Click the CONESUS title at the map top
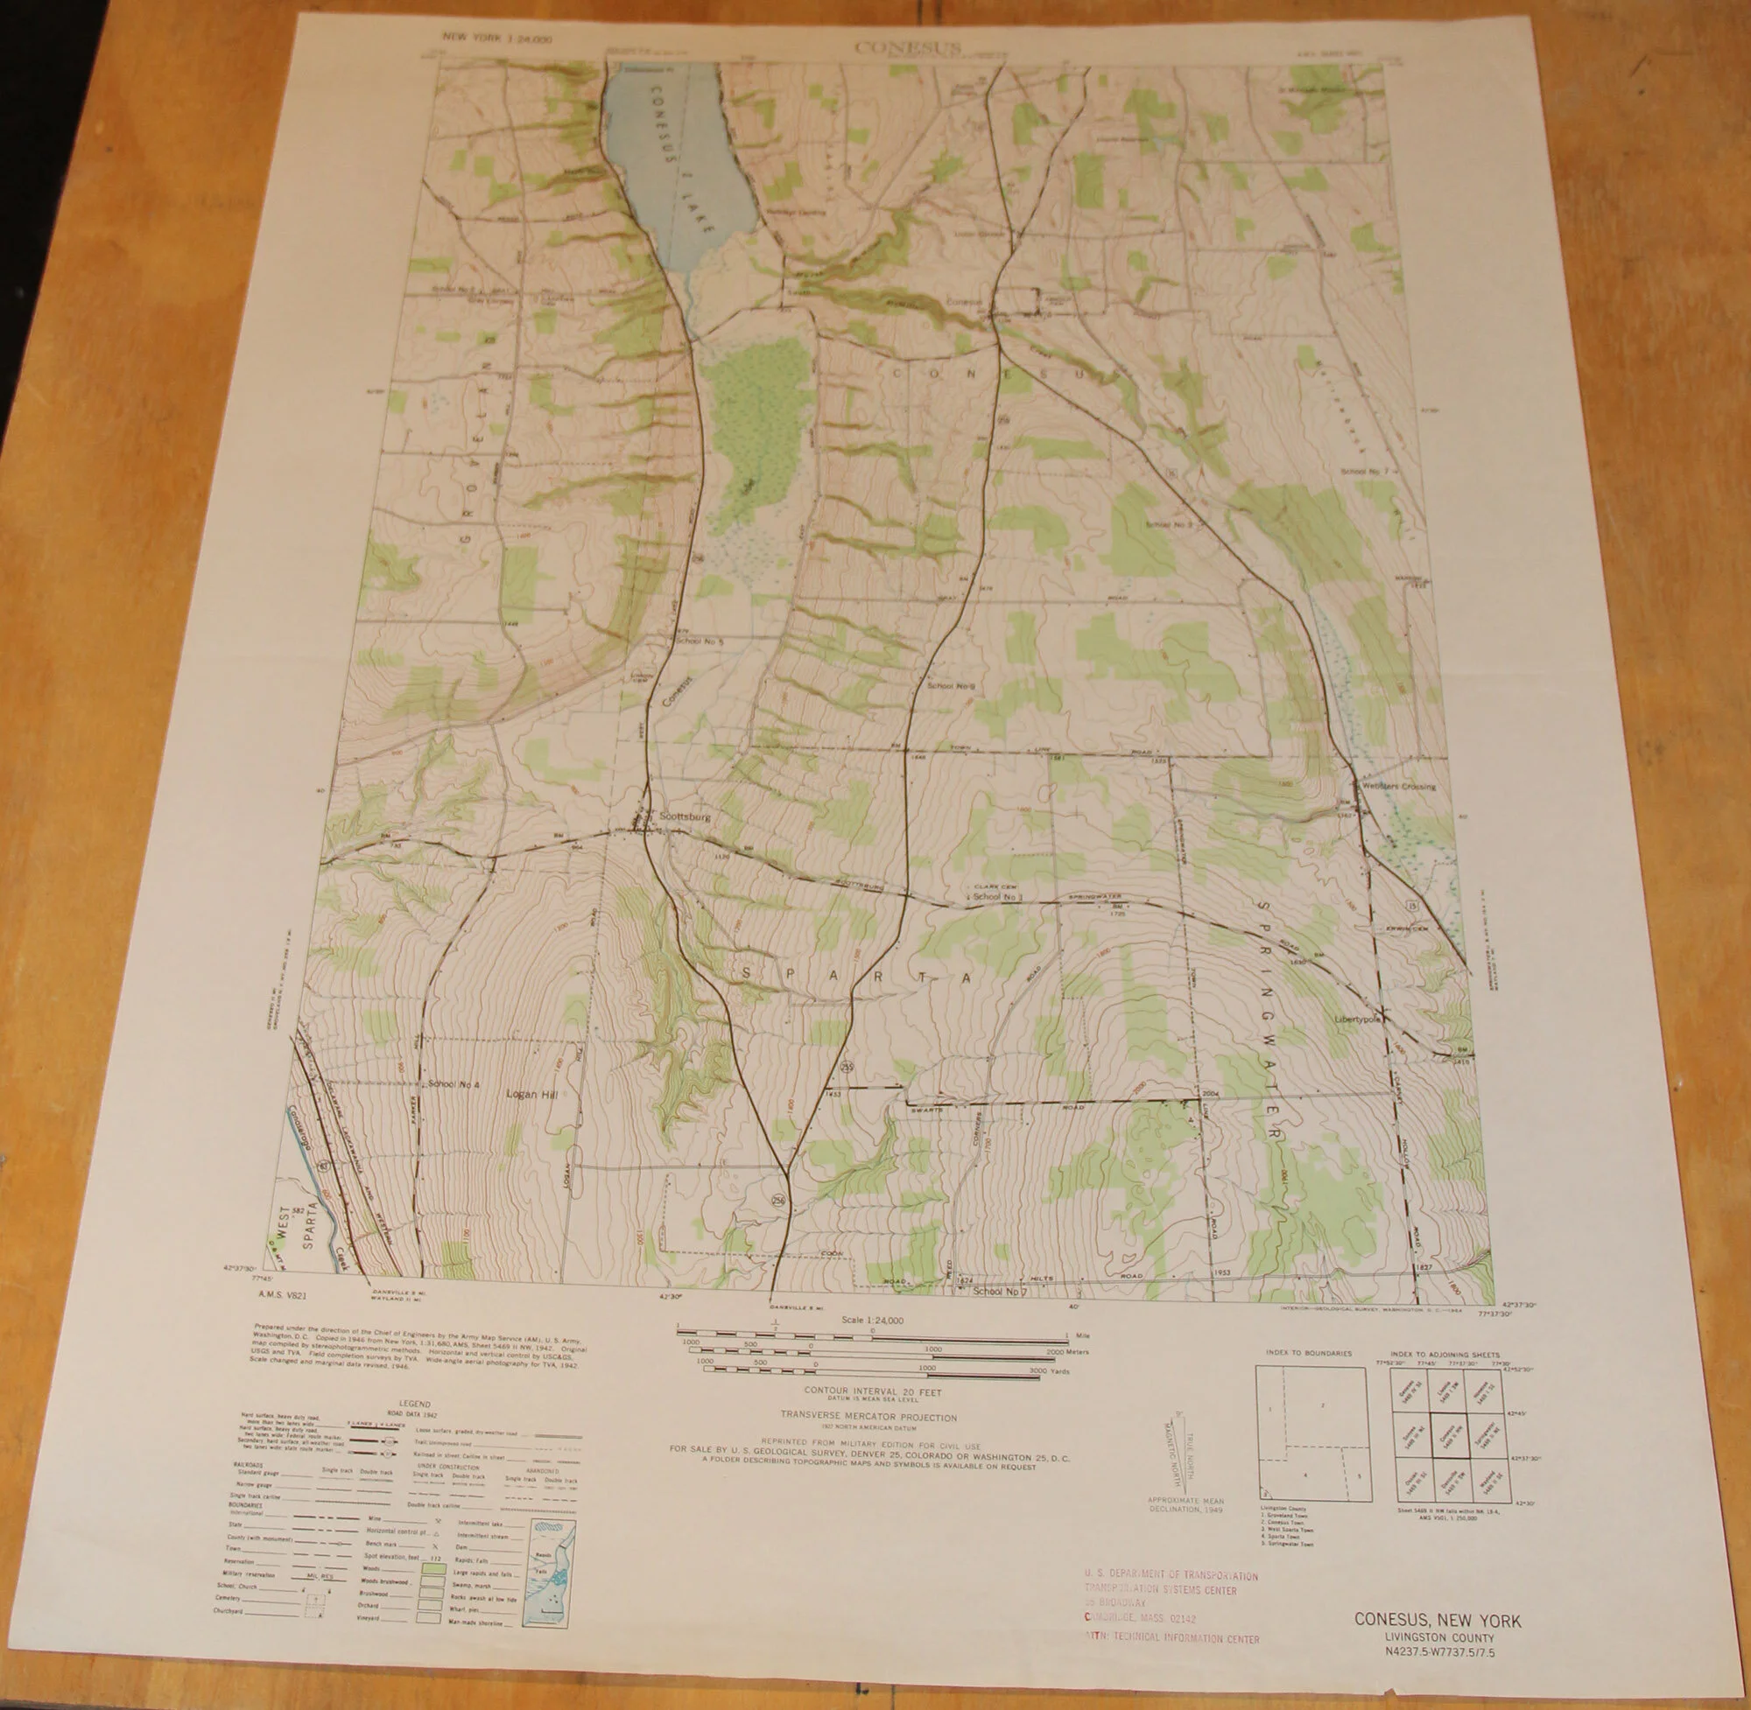[907, 46]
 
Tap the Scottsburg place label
[685, 817]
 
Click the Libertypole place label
[1357, 1020]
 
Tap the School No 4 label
[454, 1085]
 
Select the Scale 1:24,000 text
[872, 1321]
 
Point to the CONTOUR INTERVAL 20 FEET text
[872, 1391]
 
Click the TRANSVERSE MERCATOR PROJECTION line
[868, 1417]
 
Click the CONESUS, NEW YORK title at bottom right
[1438, 1621]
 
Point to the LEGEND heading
[414, 1404]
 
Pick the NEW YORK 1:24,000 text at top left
[496, 39]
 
